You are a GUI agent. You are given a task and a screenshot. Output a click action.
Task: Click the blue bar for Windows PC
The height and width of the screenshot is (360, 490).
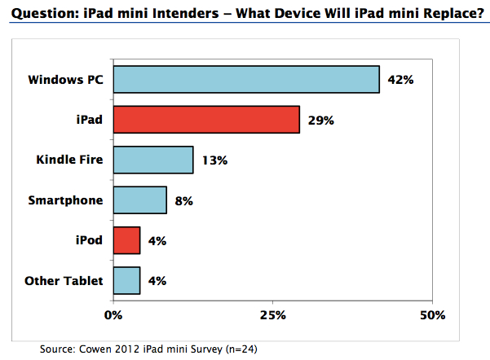[246, 80]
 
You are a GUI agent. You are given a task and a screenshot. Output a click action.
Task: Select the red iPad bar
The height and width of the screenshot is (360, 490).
[206, 120]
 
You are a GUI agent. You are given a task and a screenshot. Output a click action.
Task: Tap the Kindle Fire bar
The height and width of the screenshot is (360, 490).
[153, 160]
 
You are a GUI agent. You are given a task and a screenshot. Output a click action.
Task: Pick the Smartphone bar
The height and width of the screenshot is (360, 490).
[140, 200]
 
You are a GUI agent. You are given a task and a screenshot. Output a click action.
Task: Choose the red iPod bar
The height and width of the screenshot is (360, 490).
[127, 240]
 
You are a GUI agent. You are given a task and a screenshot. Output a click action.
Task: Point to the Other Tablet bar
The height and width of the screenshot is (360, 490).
[127, 280]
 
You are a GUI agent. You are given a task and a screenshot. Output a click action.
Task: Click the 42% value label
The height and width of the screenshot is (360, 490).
[401, 81]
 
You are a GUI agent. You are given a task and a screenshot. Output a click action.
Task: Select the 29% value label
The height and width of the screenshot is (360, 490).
[321, 121]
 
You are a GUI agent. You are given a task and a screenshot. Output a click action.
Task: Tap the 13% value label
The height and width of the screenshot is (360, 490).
[214, 160]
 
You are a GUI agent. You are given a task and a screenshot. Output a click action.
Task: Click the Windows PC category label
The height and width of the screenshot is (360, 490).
[65, 80]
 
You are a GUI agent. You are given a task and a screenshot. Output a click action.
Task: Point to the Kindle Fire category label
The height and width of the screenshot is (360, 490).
[69, 160]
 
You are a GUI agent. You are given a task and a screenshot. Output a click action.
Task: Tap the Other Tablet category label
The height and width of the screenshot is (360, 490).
[64, 281]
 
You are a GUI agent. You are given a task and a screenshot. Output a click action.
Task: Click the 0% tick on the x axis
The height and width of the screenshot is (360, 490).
[113, 314]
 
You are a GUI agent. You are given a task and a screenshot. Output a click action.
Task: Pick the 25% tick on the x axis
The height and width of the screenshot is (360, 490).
[272, 314]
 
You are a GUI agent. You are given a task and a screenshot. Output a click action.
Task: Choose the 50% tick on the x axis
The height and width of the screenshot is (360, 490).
[432, 314]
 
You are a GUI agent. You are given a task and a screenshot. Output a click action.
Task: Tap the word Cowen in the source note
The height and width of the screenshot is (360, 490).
[95, 349]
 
